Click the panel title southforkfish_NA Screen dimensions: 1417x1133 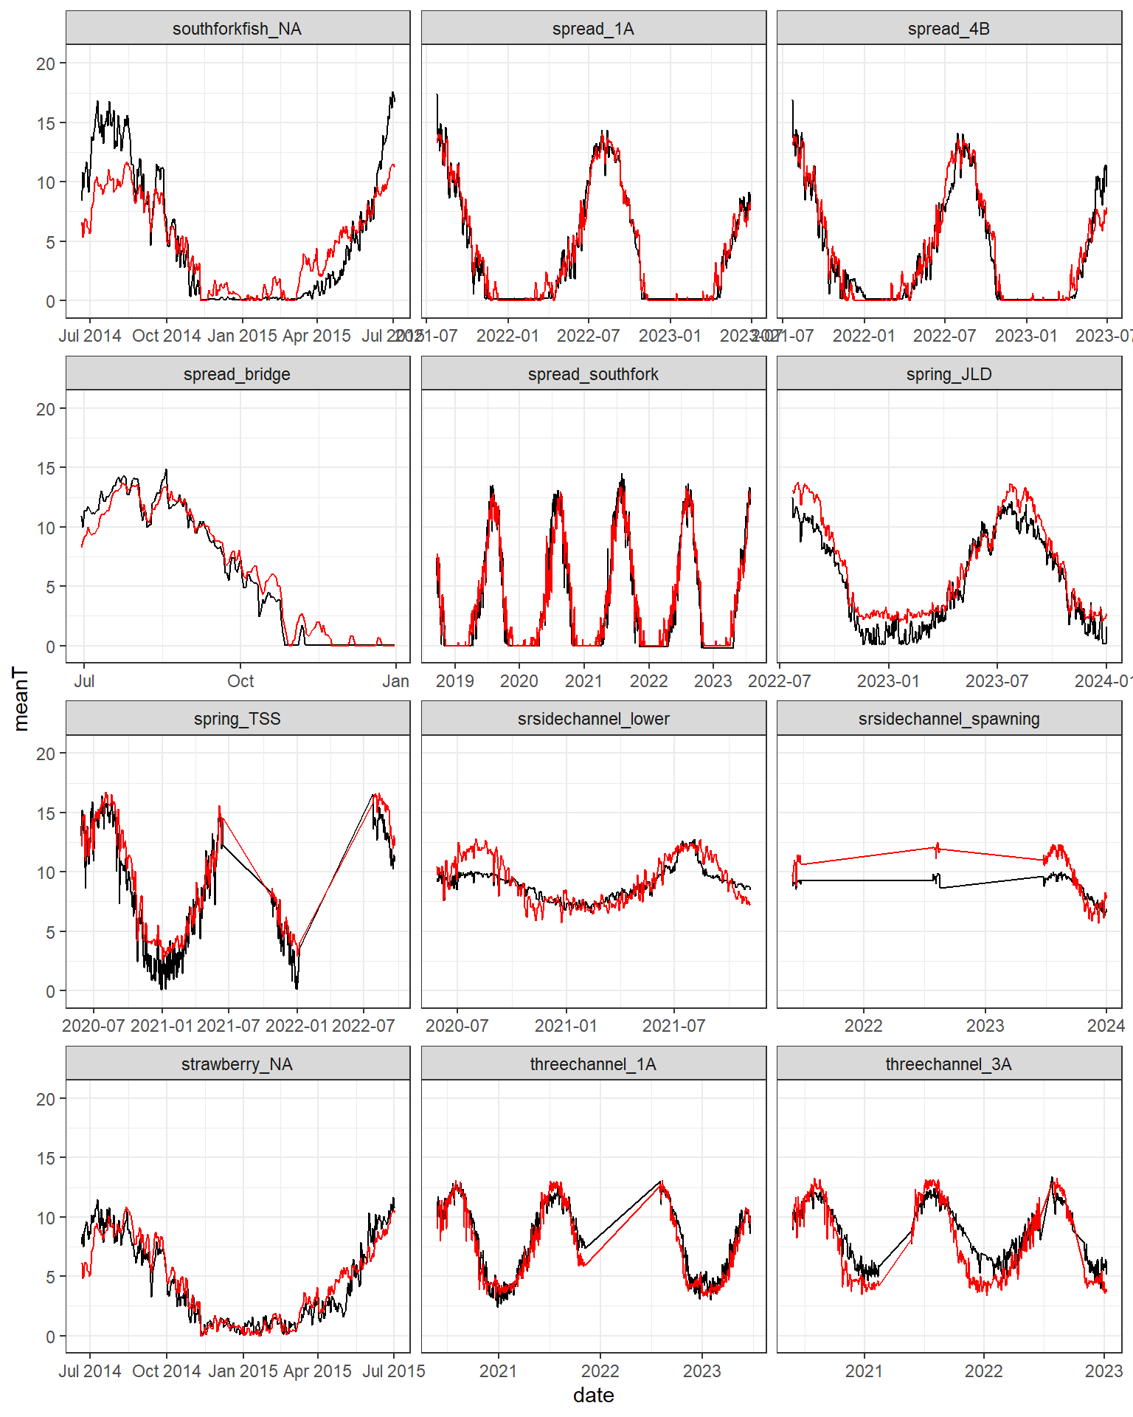tap(237, 29)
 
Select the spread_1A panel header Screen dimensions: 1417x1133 tap(593, 29)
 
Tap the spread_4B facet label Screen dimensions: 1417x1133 tap(949, 29)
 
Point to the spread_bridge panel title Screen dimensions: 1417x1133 tap(237, 374)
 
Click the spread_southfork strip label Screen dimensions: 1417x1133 tap(593, 374)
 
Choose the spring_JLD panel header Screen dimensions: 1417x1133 tap(949, 374)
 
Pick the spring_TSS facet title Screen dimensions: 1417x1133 tap(237, 719)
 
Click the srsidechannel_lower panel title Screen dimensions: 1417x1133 tap(593, 719)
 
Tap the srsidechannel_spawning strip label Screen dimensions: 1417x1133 tap(949, 719)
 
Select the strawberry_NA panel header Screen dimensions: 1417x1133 tap(237, 1064)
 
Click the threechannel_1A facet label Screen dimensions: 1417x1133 tap(593, 1064)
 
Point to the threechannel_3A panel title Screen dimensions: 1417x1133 tap(949, 1064)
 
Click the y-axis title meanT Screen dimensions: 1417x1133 tap(21, 698)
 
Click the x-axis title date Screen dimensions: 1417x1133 tap(593, 1396)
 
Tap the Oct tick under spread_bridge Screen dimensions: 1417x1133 tap(240, 681)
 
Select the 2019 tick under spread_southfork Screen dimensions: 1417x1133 tap(455, 681)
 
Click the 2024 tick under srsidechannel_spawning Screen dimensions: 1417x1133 tap(1105, 1026)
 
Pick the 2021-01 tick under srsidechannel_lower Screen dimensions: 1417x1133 tap(566, 1026)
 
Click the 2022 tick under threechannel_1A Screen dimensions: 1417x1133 tap(600, 1371)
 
